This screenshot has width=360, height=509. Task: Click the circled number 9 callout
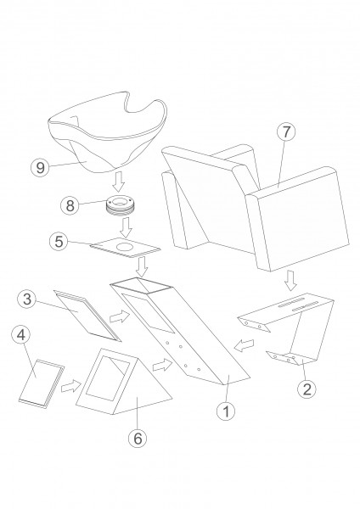40,168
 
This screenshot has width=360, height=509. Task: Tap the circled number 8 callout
70,205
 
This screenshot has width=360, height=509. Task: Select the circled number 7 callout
286,132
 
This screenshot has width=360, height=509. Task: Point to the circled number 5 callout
59,242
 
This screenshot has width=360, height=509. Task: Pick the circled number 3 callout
27,299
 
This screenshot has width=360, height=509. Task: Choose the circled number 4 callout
20,335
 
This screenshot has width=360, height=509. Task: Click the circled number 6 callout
138,439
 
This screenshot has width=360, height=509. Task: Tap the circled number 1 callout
226,411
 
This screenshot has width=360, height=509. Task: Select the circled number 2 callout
307,389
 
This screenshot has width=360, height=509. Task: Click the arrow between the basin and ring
118,182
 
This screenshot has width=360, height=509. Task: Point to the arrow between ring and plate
126,227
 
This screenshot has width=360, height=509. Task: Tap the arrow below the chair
290,281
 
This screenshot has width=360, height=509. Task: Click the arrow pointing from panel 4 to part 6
70,386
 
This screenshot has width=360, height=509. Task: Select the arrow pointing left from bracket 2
245,345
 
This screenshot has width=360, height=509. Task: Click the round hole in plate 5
126,246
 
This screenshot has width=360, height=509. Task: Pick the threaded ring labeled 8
121,206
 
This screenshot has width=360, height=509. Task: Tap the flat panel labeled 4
42,383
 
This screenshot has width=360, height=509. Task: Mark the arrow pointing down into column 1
142,267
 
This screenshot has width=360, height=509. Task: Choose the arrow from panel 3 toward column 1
120,317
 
